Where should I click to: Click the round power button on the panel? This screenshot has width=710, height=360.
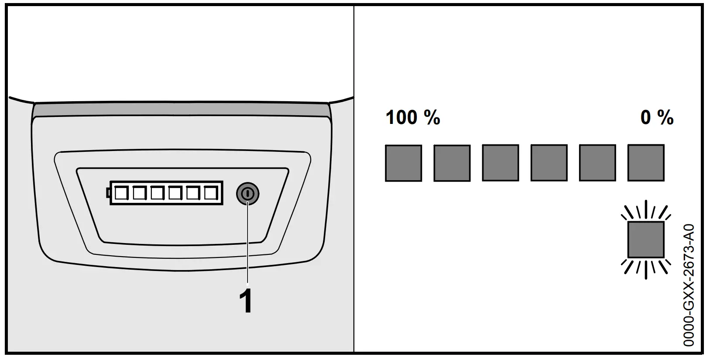click(x=247, y=193)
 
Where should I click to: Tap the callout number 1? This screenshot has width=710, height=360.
click(x=246, y=301)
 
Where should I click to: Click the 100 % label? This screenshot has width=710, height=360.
click(x=413, y=118)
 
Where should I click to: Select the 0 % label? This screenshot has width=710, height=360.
click(x=657, y=118)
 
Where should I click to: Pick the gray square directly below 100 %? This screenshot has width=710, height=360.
click(x=403, y=163)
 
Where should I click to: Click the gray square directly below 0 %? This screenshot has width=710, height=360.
click(x=646, y=163)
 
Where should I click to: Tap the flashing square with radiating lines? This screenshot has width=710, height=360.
click(x=646, y=240)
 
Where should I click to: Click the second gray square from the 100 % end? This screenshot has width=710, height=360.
click(x=452, y=163)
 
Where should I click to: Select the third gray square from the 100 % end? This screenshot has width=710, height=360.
click(x=501, y=163)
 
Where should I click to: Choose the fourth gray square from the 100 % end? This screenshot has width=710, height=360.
click(x=549, y=163)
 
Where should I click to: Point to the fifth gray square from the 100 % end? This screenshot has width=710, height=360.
click(x=597, y=163)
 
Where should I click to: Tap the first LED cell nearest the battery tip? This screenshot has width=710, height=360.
click(x=121, y=193)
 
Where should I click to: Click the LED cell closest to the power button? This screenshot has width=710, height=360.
click(x=210, y=193)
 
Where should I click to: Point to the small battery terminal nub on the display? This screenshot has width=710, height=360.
click(x=108, y=192)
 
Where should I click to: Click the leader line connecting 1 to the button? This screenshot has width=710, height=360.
click(x=248, y=244)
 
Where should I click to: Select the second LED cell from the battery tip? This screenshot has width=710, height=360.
click(x=139, y=193)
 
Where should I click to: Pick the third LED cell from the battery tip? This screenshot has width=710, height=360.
click(x=157, y=193)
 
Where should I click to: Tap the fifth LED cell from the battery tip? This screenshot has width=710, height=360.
click(x=192, y=193)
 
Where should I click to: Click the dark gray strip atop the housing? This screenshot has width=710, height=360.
click(x=181, y=110)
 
